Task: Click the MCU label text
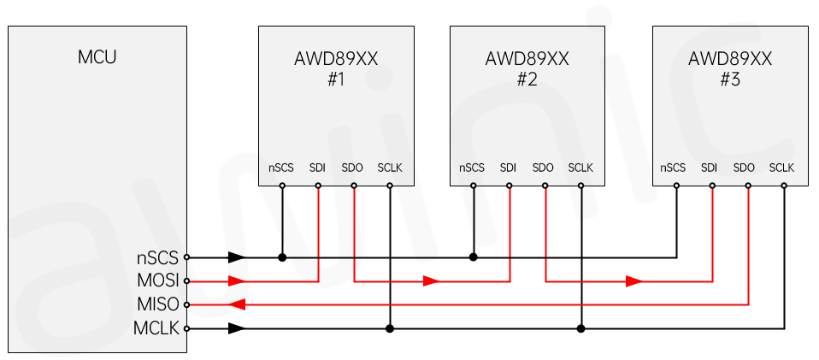coord(97,58)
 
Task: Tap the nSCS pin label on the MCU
coord(158,257)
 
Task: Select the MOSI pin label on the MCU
coord(158,280)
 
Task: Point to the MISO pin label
coord(158,304)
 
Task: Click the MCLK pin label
coord(157,328)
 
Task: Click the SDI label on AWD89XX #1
coord(318,168)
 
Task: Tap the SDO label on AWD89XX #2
coord(543,168)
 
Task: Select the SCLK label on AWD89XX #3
coord(781,168)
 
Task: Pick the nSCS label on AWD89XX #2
coord(472,168)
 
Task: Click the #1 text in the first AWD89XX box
coord(336,80)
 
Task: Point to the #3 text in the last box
coord(729,80)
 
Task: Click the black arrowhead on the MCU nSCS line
coord(237,257)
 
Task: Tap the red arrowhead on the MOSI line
coord(237,280)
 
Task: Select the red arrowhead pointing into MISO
coord(239,304)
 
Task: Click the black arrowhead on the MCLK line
coord(237,328)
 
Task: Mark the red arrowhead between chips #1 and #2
coord(431,280)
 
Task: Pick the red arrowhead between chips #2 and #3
coord(633,280)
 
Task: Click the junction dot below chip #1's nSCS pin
coord(282,257)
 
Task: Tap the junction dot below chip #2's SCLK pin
coord(580,328)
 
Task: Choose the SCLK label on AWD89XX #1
coord(390,168)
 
